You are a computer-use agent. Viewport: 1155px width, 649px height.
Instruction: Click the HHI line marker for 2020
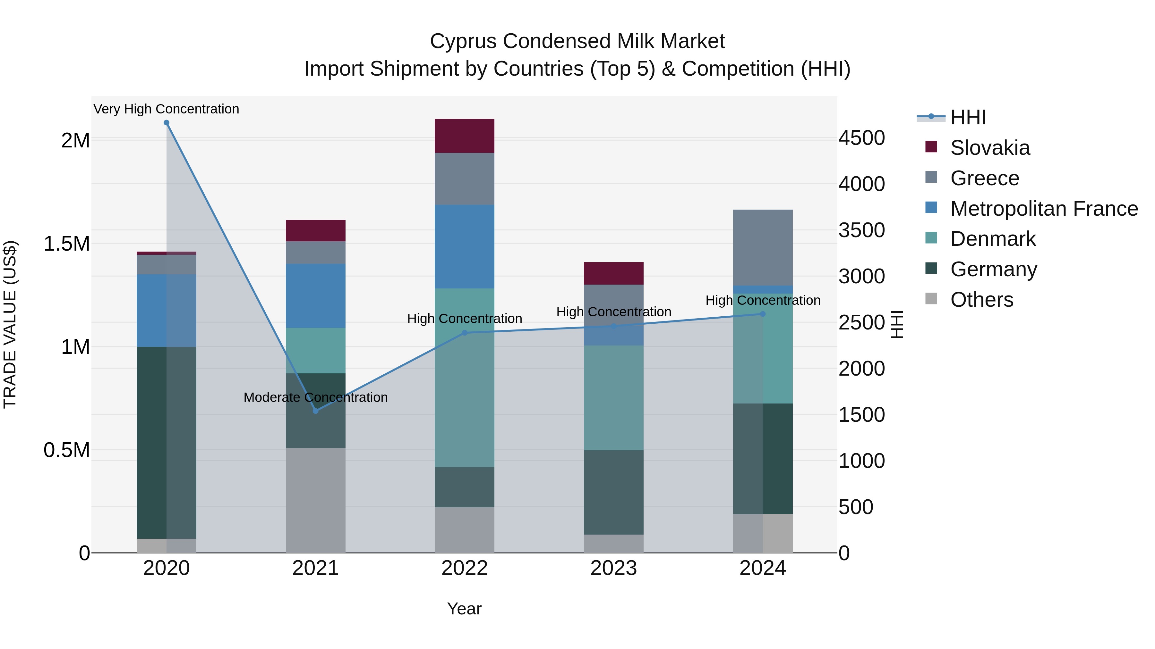[x=166, y=123]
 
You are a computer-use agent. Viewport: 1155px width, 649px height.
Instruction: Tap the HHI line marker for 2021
[x=316, y=411]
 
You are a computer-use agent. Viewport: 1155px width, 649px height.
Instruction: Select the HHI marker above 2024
[x=763, y=314]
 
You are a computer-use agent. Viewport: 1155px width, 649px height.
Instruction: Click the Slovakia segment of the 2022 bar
[x=465, y=136]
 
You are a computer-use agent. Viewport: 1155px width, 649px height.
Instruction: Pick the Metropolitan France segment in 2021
[x=316, y=295]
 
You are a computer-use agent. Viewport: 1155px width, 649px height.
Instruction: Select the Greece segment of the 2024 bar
[x=763, y=247]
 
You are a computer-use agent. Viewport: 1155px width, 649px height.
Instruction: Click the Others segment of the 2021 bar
[x=316, y=500]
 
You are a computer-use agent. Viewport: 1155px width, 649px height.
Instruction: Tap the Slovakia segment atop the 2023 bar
[x=613, y=273]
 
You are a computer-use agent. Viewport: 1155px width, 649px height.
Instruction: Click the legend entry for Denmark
[x=993, y=239]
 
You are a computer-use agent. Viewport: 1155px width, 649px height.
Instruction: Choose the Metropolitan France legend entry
[x=1044, y=209]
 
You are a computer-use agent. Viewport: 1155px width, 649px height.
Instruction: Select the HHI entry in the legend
[x=968, y=117]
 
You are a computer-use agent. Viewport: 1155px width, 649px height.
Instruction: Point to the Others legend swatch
[x=931, y=299]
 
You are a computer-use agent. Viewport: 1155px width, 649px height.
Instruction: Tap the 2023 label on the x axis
[x=613, y=568]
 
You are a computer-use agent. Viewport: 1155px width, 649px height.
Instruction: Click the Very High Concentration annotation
[x=166, y=109]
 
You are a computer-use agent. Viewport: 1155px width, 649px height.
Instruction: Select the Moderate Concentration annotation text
[x=316, y=397]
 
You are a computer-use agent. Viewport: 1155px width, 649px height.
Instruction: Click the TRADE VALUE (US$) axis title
[x=10, y=324]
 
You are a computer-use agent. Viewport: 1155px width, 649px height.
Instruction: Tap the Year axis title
[x=464, y=609]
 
